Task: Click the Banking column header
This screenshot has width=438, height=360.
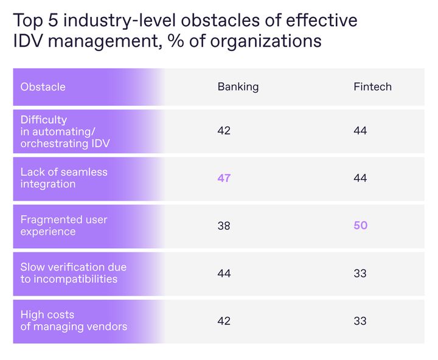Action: point(238,87)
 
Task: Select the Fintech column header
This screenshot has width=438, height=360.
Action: point(372,87)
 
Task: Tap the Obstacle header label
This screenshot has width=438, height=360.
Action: point(43,87)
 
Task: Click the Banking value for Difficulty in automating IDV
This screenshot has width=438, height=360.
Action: point(224,131)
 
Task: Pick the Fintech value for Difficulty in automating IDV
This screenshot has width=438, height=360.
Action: point(360,131)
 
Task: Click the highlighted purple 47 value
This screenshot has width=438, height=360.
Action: point(224,178)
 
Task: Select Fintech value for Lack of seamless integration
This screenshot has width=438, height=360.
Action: point(360,178)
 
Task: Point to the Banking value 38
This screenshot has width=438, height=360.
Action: point(224,226)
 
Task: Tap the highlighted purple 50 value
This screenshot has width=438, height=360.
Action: point(360,226)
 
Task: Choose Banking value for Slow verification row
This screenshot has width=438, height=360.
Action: point(224,274)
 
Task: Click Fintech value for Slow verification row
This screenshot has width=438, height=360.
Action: point(360,274)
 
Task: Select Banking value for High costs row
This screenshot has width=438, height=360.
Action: point(224,320)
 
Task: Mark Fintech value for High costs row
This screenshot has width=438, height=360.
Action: point(360,320)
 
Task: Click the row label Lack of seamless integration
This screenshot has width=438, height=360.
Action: point(64,178)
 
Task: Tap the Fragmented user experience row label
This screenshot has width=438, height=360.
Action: point(64,226)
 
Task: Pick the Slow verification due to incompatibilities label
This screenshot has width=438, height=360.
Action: point(74,273)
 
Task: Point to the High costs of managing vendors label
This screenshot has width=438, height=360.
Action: point(74,320)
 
